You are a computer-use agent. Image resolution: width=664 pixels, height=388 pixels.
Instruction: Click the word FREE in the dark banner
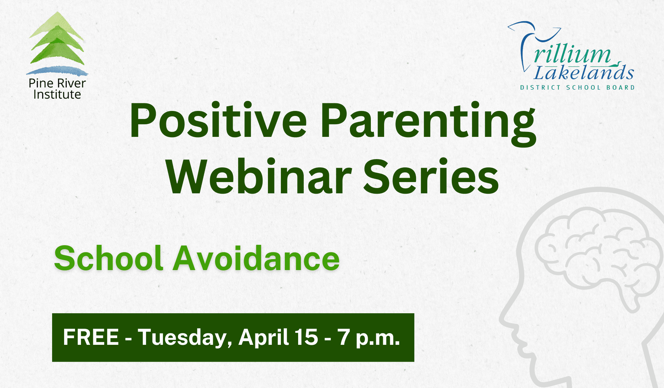click(91, 337)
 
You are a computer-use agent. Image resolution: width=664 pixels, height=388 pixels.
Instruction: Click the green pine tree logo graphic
click(57, 40)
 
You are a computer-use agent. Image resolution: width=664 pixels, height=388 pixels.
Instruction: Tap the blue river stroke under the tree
click(57, 70)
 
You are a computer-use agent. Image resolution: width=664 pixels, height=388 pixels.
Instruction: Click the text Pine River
click(57, 83)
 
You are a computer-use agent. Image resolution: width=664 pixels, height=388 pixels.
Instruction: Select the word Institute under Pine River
click(57, 95)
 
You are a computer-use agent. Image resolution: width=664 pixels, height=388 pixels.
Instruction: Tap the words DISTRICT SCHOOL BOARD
click(577, 88)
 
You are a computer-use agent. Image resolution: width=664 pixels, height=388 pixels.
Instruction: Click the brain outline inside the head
click(598, 252)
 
